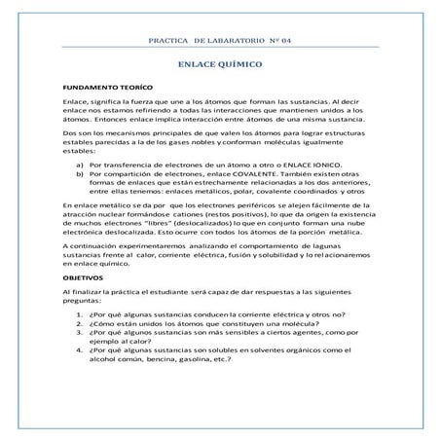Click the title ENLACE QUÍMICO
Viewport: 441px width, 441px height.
coord(220,72)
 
